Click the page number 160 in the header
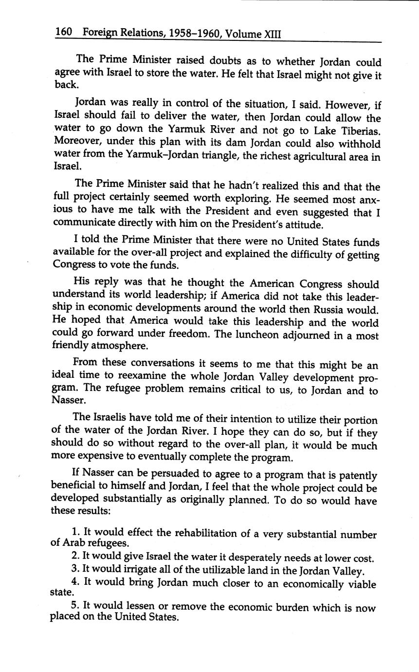63,33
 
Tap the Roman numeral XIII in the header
273,35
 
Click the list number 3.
74,569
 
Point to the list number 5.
74,606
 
